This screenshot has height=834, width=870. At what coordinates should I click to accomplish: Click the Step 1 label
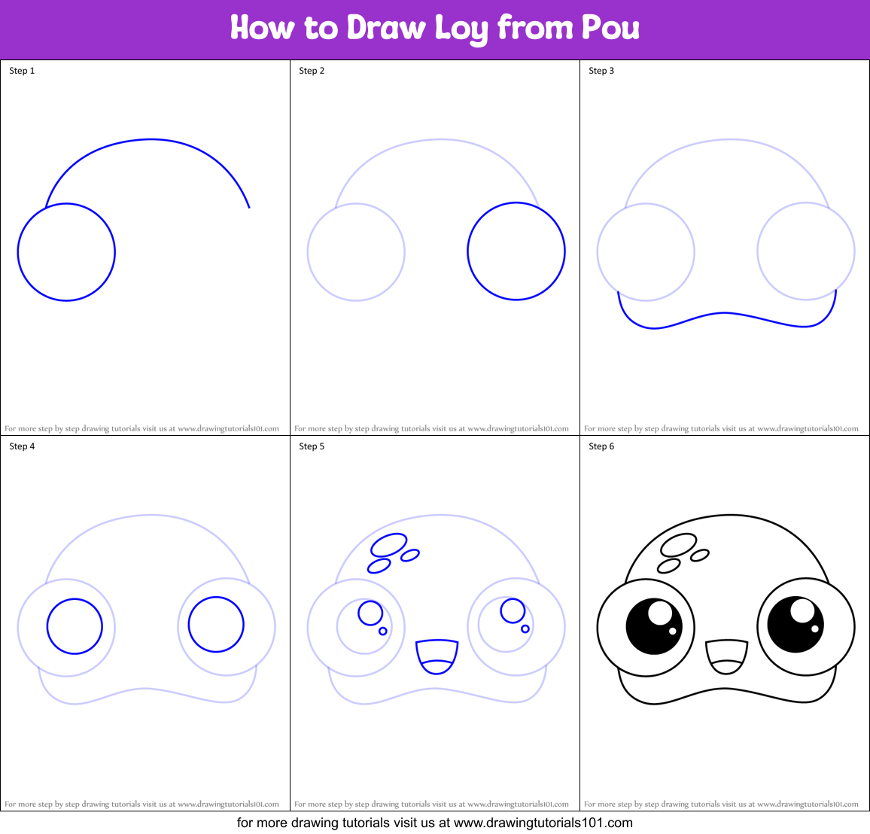coord(22,71)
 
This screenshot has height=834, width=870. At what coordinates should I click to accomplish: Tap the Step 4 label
coord(22,446)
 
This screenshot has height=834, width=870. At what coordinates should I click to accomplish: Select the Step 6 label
coord(601,446)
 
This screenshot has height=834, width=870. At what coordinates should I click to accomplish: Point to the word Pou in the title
coord(610,29)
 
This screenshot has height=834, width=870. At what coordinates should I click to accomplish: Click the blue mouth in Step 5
coord(437,656)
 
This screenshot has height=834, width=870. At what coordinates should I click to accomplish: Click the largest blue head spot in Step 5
coord(389,544)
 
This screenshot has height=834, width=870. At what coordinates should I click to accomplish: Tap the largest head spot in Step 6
coord(679,545)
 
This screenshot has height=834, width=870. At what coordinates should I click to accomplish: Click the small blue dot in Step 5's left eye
coord(383,632)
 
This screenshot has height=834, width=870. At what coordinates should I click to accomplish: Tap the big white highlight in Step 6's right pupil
coord(802,610)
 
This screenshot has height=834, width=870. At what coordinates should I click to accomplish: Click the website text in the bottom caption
coord(543,823)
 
